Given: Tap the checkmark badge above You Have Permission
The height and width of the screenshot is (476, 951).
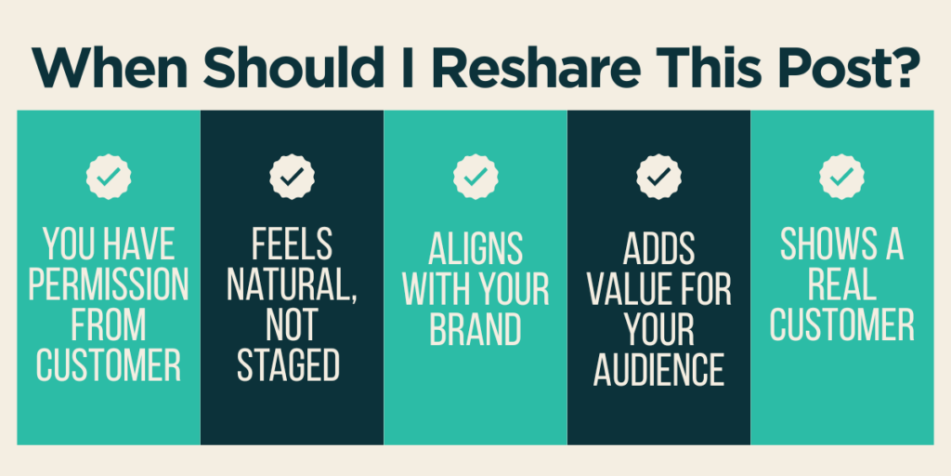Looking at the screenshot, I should coord(109,176).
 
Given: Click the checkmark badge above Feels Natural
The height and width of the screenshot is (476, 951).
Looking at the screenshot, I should coord(292,176).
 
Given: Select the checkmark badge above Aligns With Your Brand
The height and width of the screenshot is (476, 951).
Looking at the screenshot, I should coord(475,176).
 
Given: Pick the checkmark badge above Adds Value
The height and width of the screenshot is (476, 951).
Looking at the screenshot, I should coord(658,176).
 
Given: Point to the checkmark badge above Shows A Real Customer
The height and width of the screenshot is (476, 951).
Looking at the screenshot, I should coord(841,176).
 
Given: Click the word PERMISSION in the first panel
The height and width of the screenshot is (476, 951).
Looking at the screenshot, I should coord(109,284).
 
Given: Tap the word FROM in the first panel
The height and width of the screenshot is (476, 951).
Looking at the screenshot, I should coord(109,324).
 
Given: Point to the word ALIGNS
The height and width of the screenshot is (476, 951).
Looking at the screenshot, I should coord(475,249).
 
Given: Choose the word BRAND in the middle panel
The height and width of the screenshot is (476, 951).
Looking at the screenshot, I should coord(475,329).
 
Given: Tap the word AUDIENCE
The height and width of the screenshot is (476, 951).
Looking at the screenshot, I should coord(658,369).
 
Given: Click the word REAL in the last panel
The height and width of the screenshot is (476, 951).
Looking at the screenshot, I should coord(841,284).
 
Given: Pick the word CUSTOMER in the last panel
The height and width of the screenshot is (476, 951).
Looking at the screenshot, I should coord(841,324).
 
